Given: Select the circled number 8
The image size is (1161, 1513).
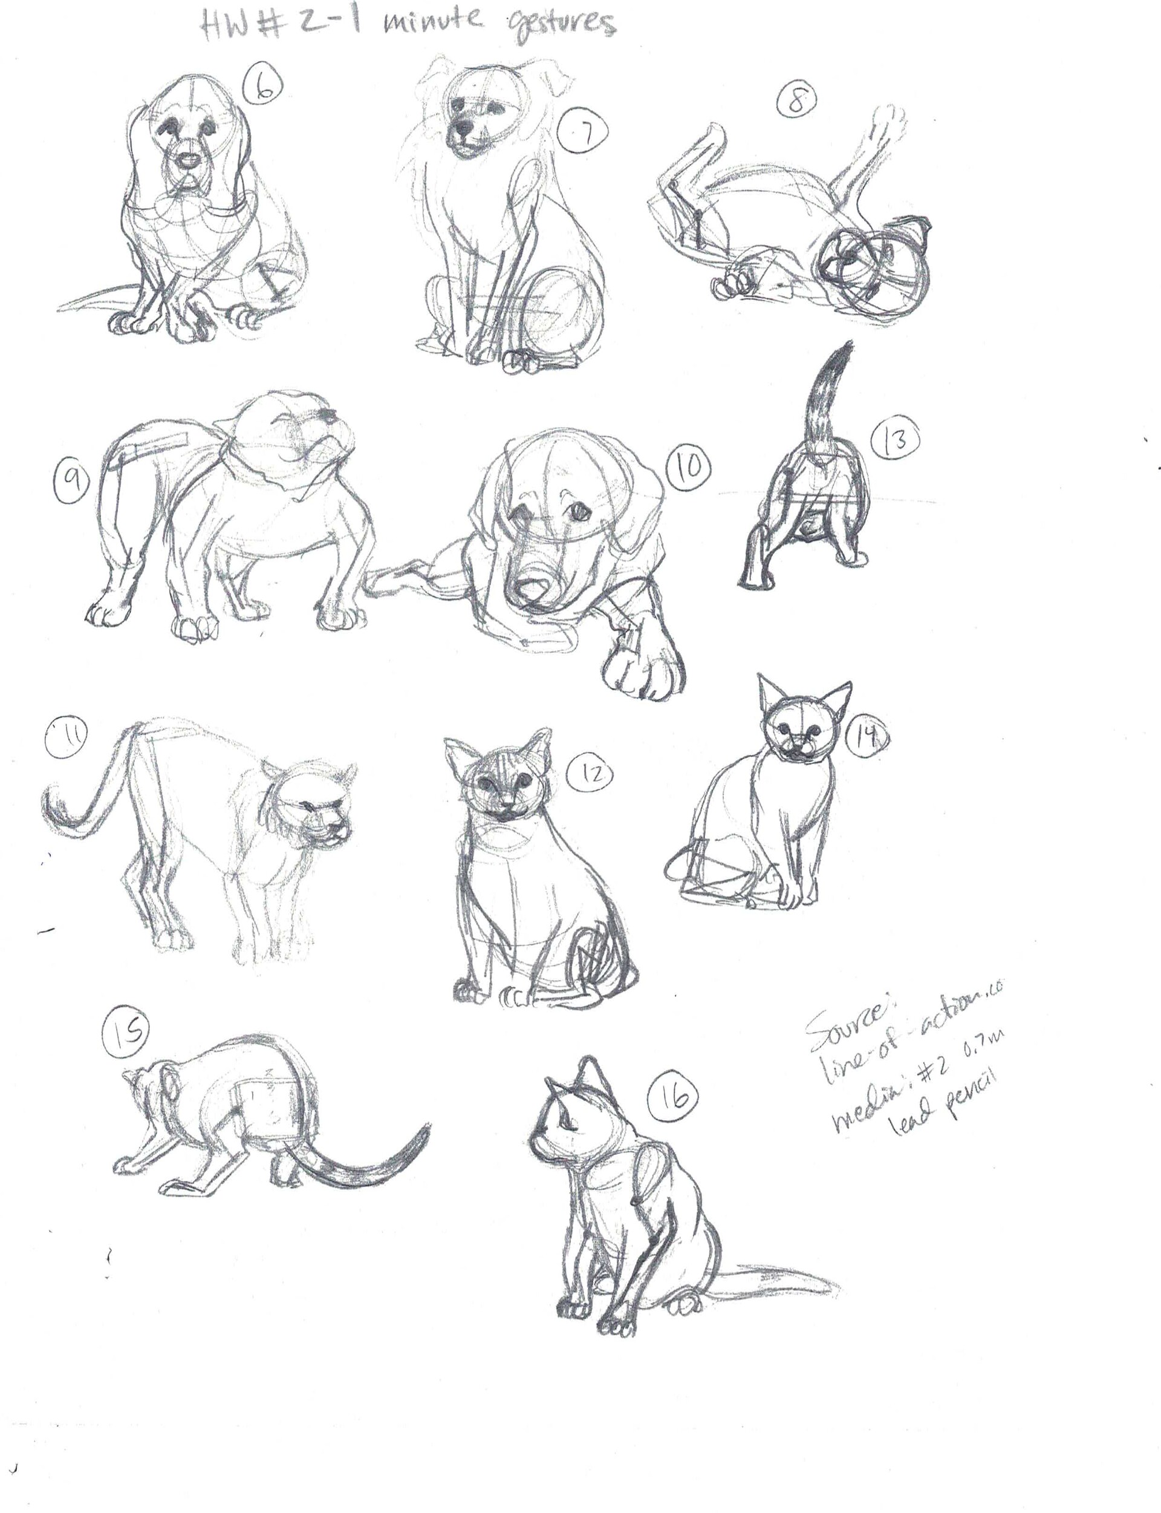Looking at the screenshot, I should point(796,101).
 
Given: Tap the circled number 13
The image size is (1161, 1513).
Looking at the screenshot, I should point(896,440).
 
